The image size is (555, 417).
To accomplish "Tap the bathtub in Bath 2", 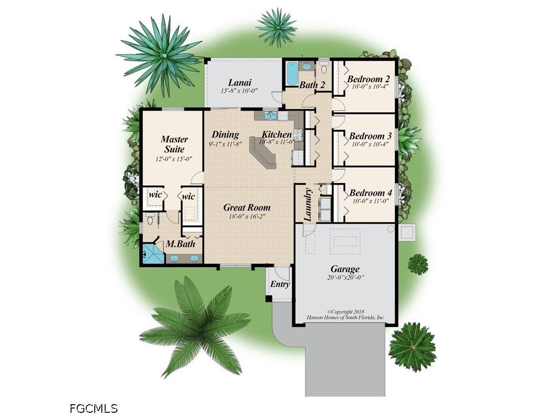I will click(292, 74).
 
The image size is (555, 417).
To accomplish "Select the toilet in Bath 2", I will click(324, 68).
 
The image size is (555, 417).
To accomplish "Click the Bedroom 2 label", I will click(368, 79).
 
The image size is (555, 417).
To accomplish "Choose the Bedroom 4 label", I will click(370, 193).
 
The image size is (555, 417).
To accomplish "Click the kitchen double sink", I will click(270, 115).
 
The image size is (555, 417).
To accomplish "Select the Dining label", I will click(225, 135).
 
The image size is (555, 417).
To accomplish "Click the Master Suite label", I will click(174, 144).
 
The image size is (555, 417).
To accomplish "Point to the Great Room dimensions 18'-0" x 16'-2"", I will click(247, 216).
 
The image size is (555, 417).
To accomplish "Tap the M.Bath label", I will click(178, 245).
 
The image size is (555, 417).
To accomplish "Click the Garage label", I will click(345, 269).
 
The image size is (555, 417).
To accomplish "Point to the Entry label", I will click(280, 284).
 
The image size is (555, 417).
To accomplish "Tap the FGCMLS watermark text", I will click(93, 408).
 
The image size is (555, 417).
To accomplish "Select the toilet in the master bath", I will click(150, 220).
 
